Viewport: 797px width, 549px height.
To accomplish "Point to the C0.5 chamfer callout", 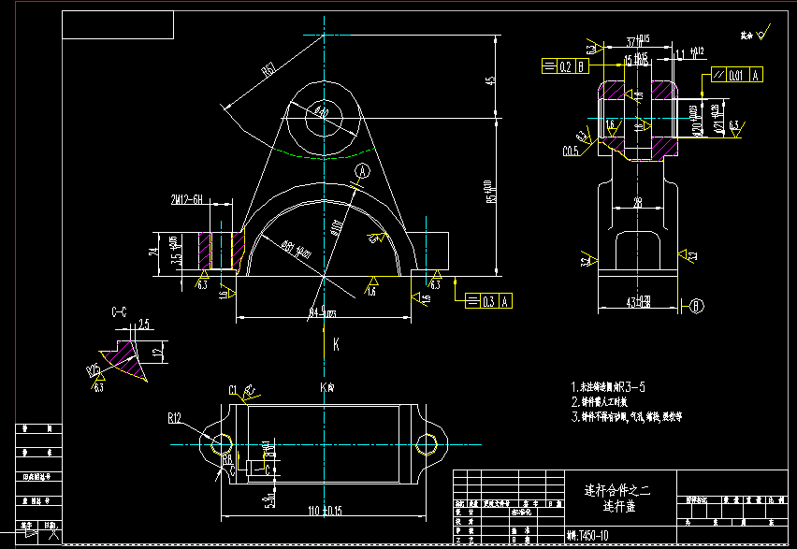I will (x=570, y=150).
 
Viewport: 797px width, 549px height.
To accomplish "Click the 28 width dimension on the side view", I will (x=638, y=202).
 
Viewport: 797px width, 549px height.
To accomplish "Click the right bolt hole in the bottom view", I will (x=427, y=442).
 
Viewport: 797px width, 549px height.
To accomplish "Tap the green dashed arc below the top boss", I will (x=323, y=152).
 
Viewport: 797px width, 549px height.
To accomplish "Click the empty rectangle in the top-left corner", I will (x=118, y=25).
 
